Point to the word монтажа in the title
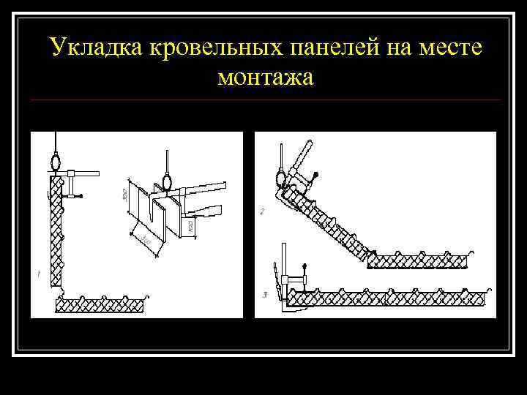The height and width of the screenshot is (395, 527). point(264,75)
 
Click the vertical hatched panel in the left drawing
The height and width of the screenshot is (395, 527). point(55,234)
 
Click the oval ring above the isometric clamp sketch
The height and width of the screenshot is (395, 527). point(167,179)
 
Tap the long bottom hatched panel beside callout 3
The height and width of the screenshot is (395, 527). point(388,298)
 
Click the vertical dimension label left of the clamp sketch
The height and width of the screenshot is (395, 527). point(126,193)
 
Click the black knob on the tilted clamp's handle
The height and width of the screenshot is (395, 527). point(316,174)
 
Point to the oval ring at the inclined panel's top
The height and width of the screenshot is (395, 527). point(280,176)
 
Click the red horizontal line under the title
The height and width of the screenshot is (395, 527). point(267,99)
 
